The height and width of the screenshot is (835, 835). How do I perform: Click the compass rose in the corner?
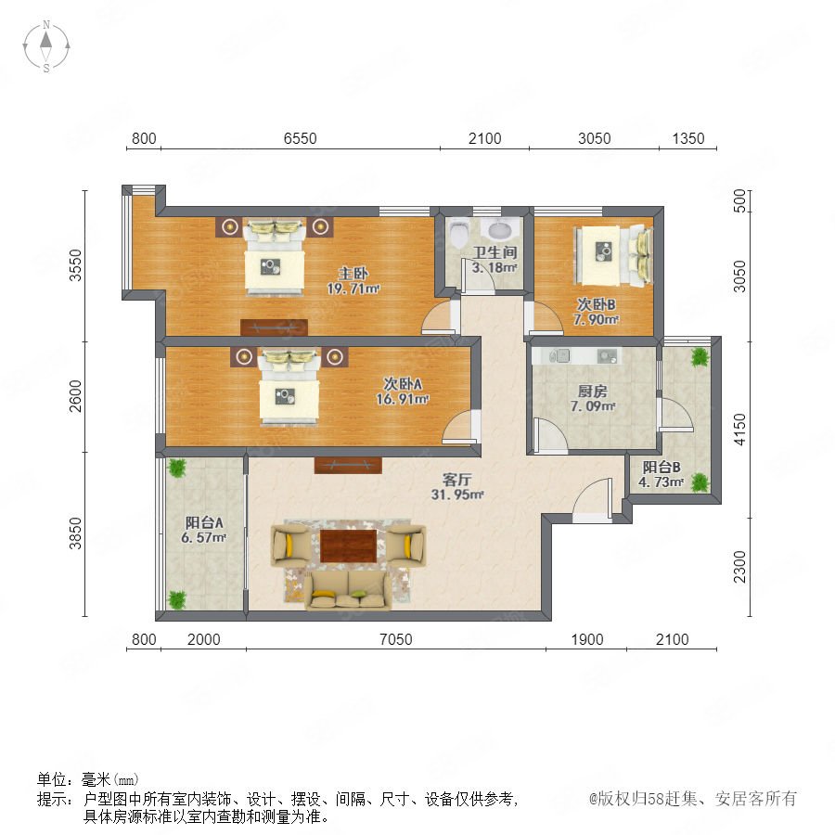(x=46, y=46)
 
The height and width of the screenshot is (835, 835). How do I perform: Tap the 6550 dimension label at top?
(x=301, y=138)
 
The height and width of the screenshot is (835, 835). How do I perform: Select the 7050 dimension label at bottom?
(x=395, y=639)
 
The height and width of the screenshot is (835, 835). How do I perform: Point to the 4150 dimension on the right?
(x=740, y=430)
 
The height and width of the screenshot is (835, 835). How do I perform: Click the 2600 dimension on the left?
(x=76, y=396)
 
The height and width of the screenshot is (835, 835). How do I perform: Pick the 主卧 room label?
(x=353, y=275)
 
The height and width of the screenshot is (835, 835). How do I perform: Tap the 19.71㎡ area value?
(x=353, y=289)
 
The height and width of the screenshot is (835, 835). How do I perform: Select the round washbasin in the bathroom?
(x=500, y=230)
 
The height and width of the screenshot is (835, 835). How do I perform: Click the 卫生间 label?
(x=495, y=252)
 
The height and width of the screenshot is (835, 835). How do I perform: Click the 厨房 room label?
(x=593, y=392)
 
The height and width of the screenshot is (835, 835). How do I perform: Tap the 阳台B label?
(x=662, y=467)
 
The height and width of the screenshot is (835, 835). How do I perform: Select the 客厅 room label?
(x=456, y=480)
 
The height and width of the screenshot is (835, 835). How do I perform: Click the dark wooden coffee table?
(x=348, y=546)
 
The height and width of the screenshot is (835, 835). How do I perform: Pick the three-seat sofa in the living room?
(x=348, y=589)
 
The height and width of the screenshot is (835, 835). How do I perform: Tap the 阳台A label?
(x=204, y=522)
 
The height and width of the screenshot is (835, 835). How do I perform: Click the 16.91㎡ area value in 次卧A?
(x=403, y=399)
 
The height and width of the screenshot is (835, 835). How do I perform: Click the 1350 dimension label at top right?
(x=688, y=138)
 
